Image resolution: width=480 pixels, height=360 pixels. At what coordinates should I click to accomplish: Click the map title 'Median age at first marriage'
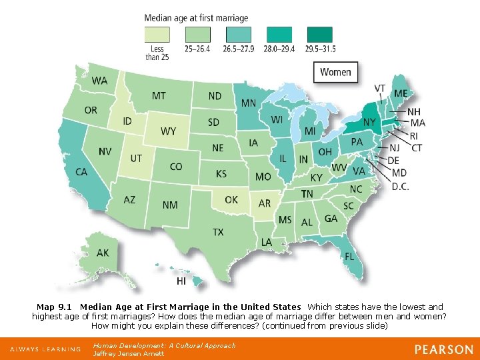point(196,17)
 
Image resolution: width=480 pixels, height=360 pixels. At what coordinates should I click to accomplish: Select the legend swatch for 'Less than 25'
point(157,34)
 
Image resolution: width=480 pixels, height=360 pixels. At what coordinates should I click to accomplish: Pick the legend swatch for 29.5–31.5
point(320,34)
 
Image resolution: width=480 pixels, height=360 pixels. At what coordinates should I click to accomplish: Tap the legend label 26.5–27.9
point(239,49)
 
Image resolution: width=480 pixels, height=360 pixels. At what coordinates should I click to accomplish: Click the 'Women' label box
point(337,72)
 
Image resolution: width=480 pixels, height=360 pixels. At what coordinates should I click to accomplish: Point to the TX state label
point(218,232)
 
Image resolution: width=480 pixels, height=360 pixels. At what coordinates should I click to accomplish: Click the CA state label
point(81,172)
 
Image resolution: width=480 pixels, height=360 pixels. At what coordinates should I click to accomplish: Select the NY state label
point(370,122)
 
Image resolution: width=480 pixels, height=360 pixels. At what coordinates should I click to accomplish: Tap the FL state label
point(349,255)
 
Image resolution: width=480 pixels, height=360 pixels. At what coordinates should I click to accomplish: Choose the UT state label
point(136,159)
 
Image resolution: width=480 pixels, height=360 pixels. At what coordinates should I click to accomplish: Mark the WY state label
point(169,131)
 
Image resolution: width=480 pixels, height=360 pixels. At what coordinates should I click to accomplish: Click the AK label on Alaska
point(103,253)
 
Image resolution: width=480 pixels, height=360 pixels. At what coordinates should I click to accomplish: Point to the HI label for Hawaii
point(181,282)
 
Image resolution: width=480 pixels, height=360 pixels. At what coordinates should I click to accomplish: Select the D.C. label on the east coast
point(400,187)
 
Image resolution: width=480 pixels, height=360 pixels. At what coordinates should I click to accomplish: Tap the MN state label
point(248,103)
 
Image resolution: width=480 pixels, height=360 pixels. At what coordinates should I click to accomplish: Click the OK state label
point(231,199)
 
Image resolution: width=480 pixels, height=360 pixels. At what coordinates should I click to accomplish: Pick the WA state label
point(99,81)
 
